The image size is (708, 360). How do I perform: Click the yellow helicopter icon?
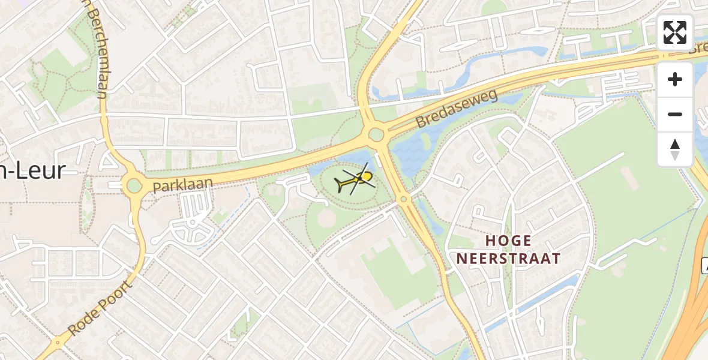(x=358, y=179)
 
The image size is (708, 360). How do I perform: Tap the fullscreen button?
(x=675, y=32)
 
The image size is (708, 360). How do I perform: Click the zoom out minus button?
(x=675, y=114)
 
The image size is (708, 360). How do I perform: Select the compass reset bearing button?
(x=675, y=149)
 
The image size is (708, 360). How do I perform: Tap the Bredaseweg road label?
(x=457, y=109)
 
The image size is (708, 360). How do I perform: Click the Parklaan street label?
(x=182, y=184)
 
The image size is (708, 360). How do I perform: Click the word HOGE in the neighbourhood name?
(x=509, y=241)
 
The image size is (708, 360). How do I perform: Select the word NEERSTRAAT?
(x=509, y=259)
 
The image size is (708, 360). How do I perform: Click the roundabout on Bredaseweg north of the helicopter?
(x=376, y=134)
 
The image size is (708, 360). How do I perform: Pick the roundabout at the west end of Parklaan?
(x=133, y=185)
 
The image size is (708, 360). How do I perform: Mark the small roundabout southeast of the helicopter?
(x=404, y=199)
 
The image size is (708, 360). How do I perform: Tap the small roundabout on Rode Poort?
(x=58, y=343)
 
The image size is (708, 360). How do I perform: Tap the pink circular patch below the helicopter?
(x=326, y=219)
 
